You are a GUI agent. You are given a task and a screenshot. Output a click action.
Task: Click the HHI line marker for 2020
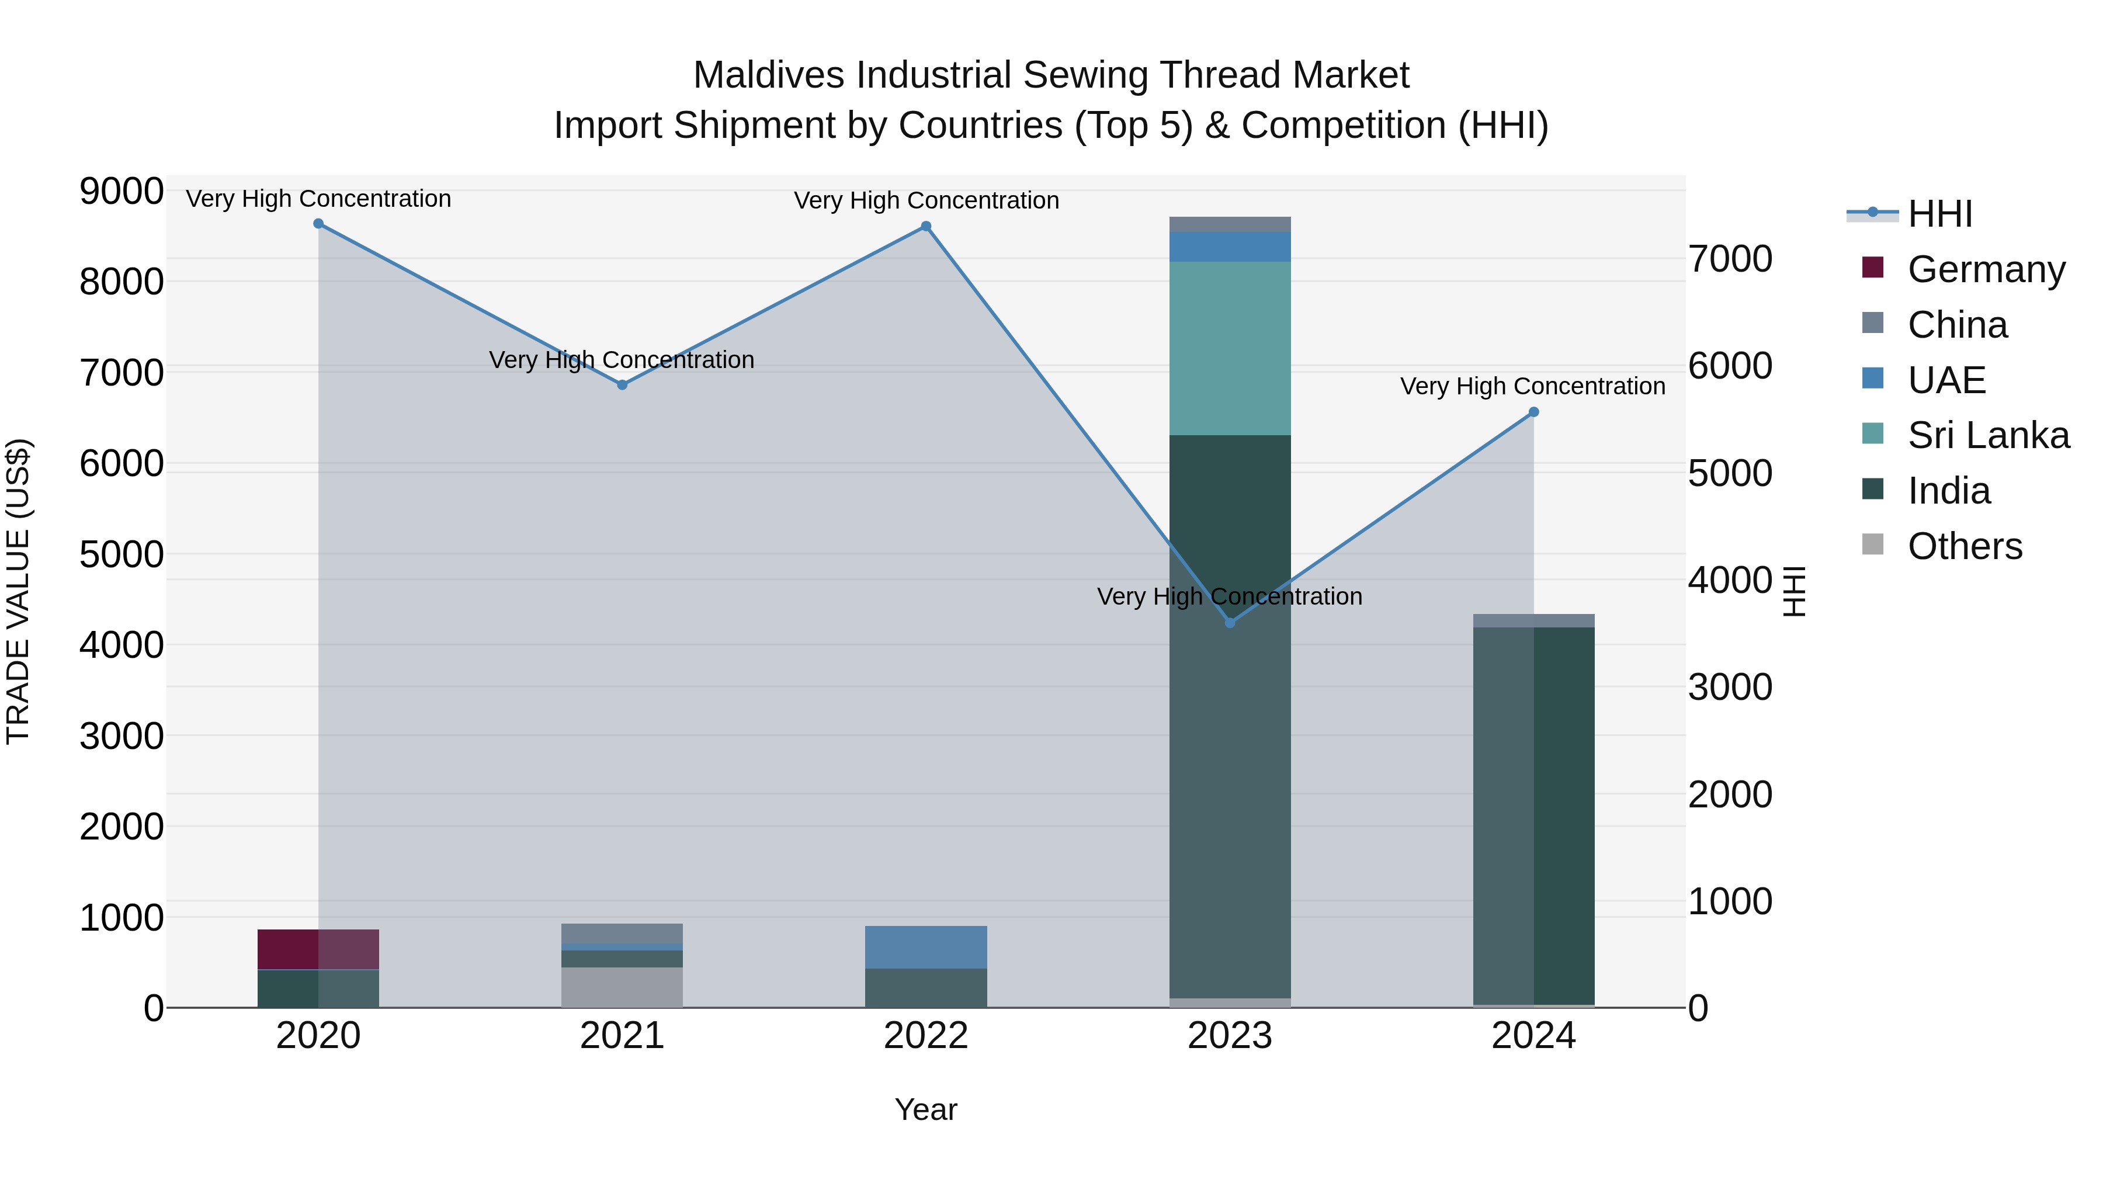[318, 224]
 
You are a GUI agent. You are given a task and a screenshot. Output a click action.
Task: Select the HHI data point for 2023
[1230, 623]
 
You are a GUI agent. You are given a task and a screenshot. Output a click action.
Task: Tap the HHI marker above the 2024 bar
[1533, 412]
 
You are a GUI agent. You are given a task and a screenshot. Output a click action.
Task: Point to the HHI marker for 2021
[622, 384]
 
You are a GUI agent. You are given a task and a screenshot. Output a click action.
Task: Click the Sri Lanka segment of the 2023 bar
[1230, 349]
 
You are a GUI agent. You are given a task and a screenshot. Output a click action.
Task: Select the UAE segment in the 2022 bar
[926, 947]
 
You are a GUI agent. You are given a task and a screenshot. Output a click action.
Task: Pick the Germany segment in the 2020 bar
[318, 949]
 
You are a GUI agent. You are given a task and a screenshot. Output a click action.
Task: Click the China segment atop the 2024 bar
[1533, 620]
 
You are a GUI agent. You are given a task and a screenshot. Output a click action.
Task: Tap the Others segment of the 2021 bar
[622, 987]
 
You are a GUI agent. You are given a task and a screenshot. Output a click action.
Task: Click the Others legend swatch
[1873, 544]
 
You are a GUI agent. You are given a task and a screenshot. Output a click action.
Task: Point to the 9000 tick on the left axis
[121, 192]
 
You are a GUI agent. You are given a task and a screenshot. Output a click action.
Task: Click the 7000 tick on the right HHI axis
[1730, 259]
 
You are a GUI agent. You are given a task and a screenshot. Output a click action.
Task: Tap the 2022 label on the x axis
[926, 1036]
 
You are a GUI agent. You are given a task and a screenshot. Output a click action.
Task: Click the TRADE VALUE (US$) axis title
[19, 591]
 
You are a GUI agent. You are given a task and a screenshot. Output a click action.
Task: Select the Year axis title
[926, 1109]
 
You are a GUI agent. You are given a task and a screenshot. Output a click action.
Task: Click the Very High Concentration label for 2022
[926, 201]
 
